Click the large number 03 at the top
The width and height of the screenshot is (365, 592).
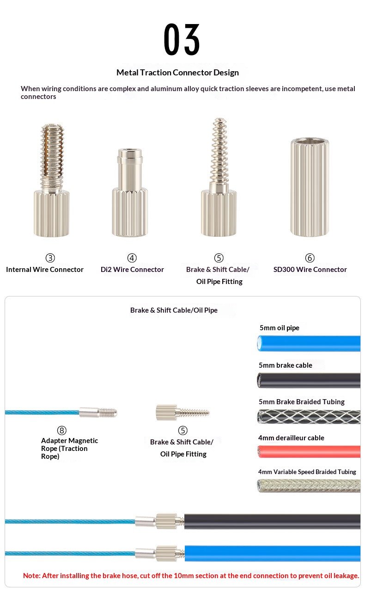click(x=182, y=39)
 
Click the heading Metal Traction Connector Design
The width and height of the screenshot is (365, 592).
click(x=177, y=73)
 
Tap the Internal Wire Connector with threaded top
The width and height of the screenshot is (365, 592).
click(x=52, y=180)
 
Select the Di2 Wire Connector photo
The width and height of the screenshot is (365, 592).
click(x=130, y=192)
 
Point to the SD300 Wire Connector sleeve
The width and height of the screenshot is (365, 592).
click(x=310, y=186)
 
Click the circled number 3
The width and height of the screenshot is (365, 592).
click(x=50, y=258)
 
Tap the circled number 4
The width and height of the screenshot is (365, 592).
click(x=132, y=258)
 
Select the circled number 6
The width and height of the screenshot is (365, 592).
click(x=310, y=258)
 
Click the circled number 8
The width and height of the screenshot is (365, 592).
click(x=62, y=430)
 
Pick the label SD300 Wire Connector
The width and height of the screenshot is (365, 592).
click(x=310, y=269)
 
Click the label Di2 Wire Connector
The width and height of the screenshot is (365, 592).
click(x=132, y=269)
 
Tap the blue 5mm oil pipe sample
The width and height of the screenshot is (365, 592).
click(x=309, y=343)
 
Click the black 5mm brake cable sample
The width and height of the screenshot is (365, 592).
click(x=309, y=380)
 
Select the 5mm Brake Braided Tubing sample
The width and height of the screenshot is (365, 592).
click(x=309, y=417)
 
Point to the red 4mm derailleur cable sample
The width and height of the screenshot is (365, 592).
click(x=309, y=451)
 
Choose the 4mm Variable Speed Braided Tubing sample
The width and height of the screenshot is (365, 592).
click(x=309, y=486)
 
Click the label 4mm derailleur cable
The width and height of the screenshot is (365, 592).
click(x=291, y=438)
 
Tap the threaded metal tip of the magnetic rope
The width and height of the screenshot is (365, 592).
click(x=108, y=413)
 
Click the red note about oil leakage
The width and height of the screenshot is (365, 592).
click(x=191, y=576)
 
